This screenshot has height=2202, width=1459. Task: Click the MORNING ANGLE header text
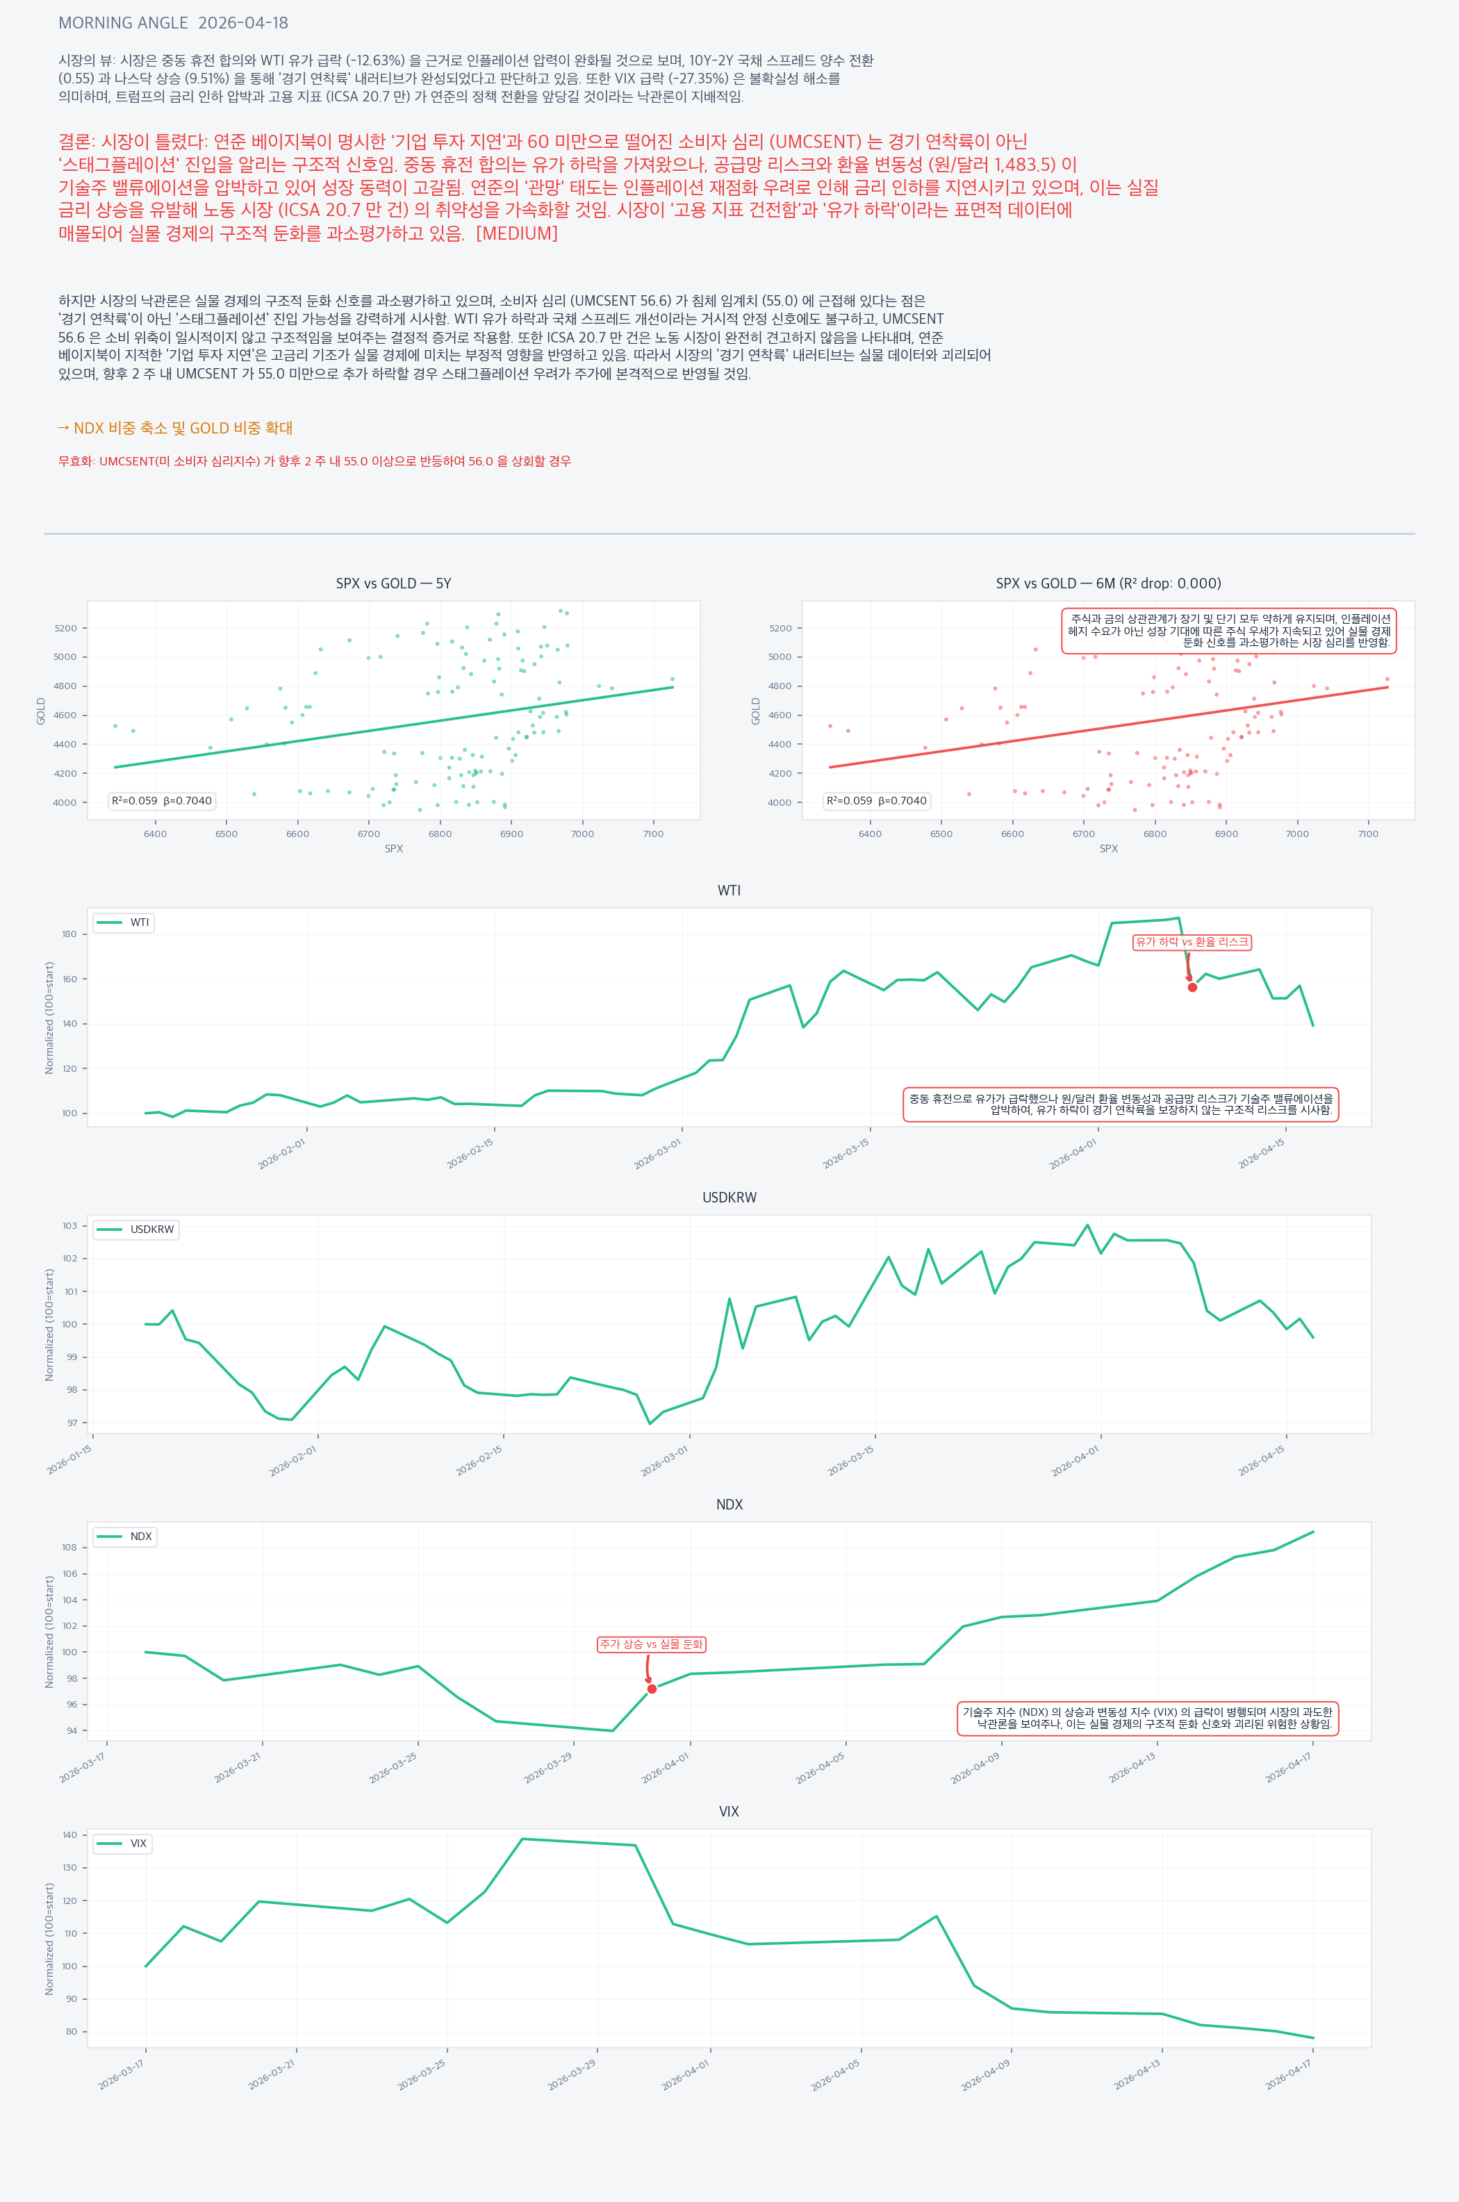[x=173, y=23]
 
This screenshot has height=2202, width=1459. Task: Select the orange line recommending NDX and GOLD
[x=175, y=428]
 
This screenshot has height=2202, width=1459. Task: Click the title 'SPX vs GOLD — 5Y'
[x=394, y=583]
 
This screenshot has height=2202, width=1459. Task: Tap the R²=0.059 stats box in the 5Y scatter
[x=162, y=801]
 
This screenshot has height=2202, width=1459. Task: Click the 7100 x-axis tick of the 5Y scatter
[x=653, y=834]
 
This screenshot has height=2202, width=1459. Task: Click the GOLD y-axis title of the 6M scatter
[x=756, y=711]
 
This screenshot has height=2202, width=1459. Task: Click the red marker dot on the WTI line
[x=1192, y=987]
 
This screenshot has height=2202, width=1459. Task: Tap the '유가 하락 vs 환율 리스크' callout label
[x=1192, y=943]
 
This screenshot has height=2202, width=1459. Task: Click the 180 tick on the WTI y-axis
[x=69, y=934]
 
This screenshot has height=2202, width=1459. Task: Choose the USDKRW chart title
[x=729, y=1198]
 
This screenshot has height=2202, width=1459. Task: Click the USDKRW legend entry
[x=136, y=1230]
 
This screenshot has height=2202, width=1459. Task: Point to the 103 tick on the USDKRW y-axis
[x=69, y=1226]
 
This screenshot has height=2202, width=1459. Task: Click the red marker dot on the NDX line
[x=652, y=1689]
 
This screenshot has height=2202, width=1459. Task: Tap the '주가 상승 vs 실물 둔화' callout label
[x=652, y=1645]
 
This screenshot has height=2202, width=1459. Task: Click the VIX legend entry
[x=123, y=1844]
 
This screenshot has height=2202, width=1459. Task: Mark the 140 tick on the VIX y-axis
[x=69, y=1835]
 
